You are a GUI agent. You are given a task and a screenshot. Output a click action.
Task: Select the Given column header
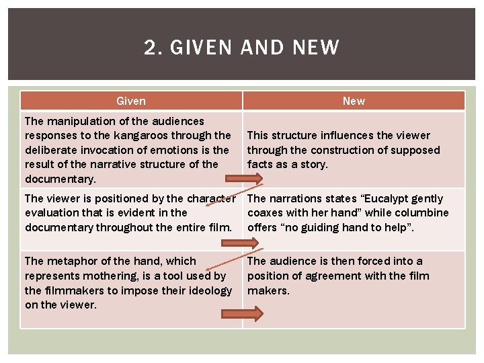(131, 101)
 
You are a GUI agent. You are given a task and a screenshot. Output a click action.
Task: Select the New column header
(354, 101)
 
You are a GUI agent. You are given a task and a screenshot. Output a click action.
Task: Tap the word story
(313, 164)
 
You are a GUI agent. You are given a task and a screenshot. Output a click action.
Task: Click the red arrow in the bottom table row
(241, 313)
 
